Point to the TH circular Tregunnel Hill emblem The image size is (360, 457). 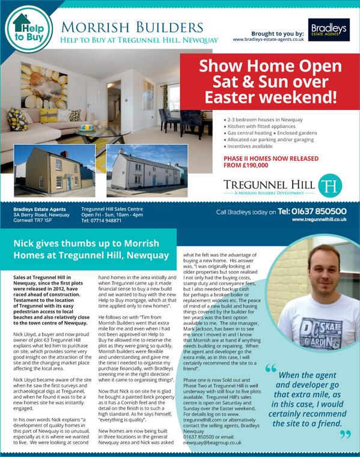pos(329,185)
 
